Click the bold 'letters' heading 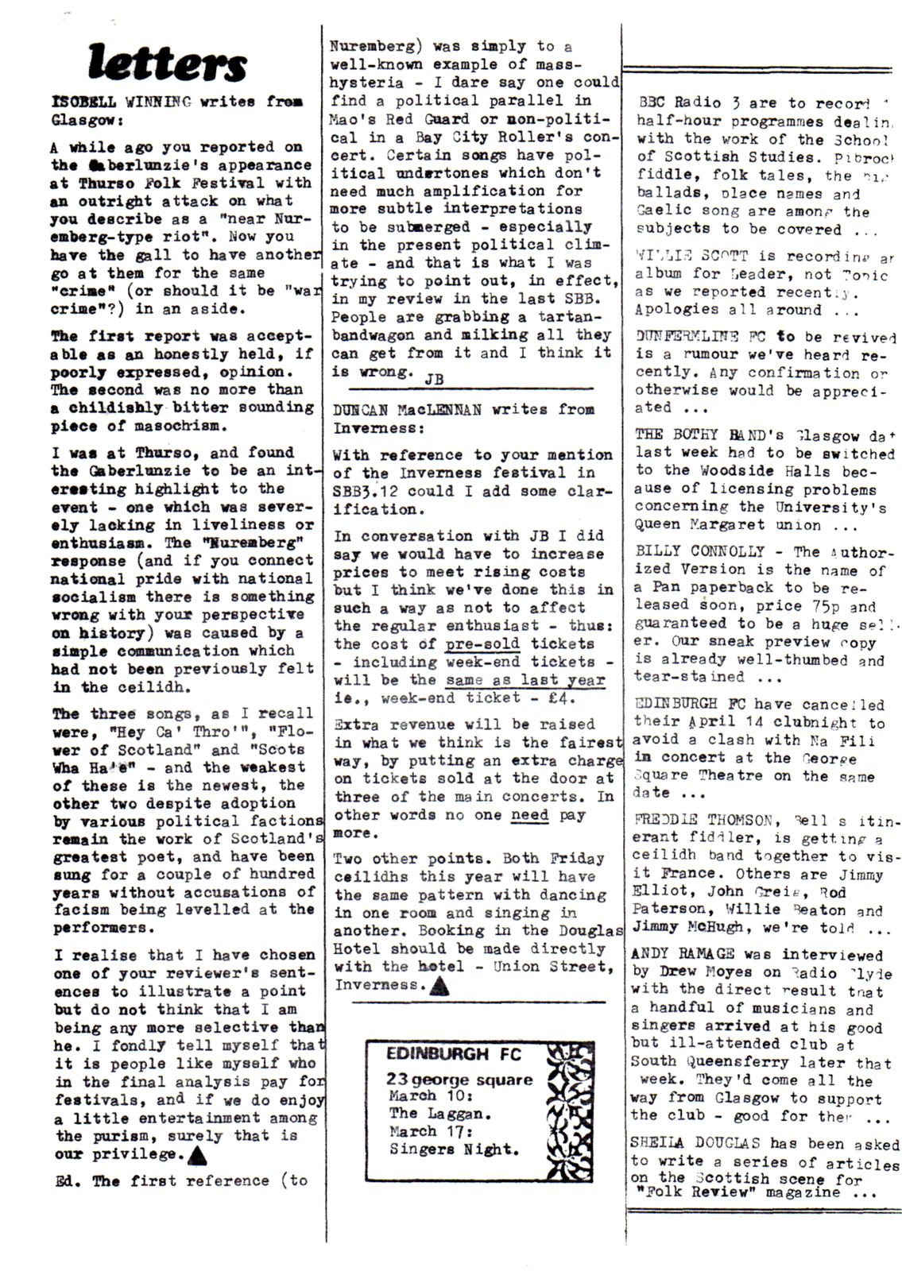tap(168, 63)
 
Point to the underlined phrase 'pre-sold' tap(482, 643)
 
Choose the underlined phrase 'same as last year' tap(525, 680)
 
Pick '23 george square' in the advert tap(459, 1080)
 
